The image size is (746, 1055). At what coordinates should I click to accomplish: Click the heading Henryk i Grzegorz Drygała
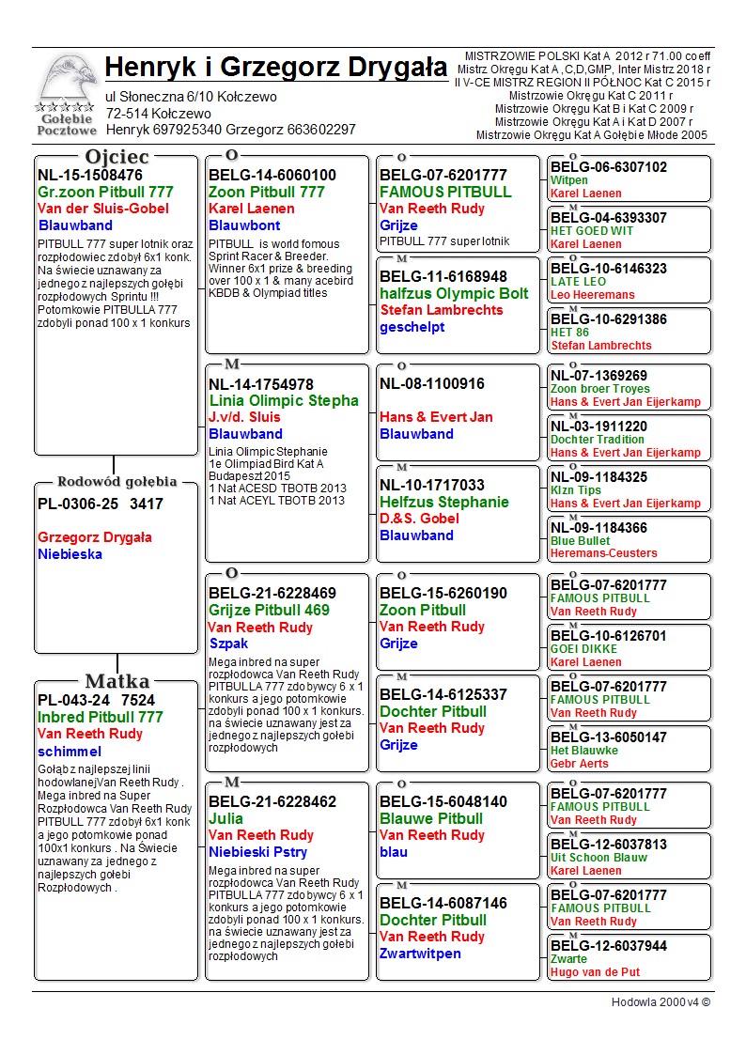click(275, 68)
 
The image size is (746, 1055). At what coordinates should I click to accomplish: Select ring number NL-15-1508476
click(90, 175)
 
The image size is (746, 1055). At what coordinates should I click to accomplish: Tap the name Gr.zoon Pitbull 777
click(105, 192)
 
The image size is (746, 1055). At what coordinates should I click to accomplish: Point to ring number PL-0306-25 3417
click(101, 504)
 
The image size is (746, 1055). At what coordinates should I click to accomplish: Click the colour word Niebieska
click(70, 554)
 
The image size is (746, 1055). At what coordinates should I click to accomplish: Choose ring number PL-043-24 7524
click(97, 700)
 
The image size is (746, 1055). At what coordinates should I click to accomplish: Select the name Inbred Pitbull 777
click(101, 717)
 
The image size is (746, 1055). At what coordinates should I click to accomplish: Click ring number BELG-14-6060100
click(272, 175)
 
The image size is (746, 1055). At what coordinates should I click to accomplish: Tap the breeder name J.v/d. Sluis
click(244, 417)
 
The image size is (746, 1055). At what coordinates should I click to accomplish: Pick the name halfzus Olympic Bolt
click(454, 293)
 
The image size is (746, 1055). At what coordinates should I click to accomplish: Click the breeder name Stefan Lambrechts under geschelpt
click(442, 310)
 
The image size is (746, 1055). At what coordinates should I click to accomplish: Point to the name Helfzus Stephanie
click(444, 502)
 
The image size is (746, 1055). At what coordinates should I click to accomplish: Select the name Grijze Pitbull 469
click(269, 610)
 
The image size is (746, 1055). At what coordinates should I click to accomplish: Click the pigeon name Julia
click(225, 818)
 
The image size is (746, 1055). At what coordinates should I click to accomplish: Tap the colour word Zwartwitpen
click(420, 954)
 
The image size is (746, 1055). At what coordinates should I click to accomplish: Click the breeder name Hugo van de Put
click(595, 972)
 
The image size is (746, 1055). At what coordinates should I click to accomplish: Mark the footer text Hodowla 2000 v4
click(661, 1002)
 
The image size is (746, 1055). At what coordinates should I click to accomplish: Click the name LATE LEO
click(578, 282)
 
